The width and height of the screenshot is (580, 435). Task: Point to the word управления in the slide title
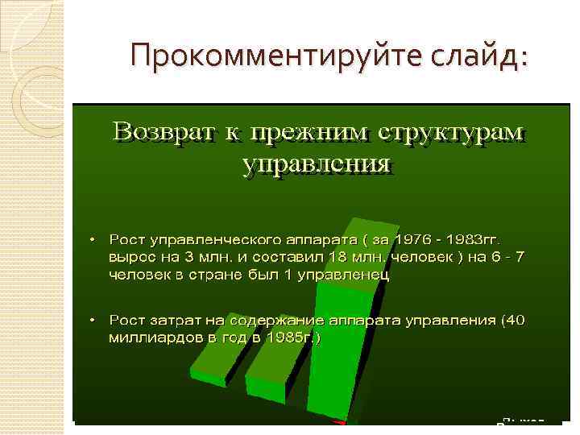coord(317,164)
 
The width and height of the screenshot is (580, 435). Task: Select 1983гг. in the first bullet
coord(472,240)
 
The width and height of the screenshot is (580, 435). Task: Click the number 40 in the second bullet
coord(513,321)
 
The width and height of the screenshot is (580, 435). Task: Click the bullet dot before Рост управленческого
coord(92,240)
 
